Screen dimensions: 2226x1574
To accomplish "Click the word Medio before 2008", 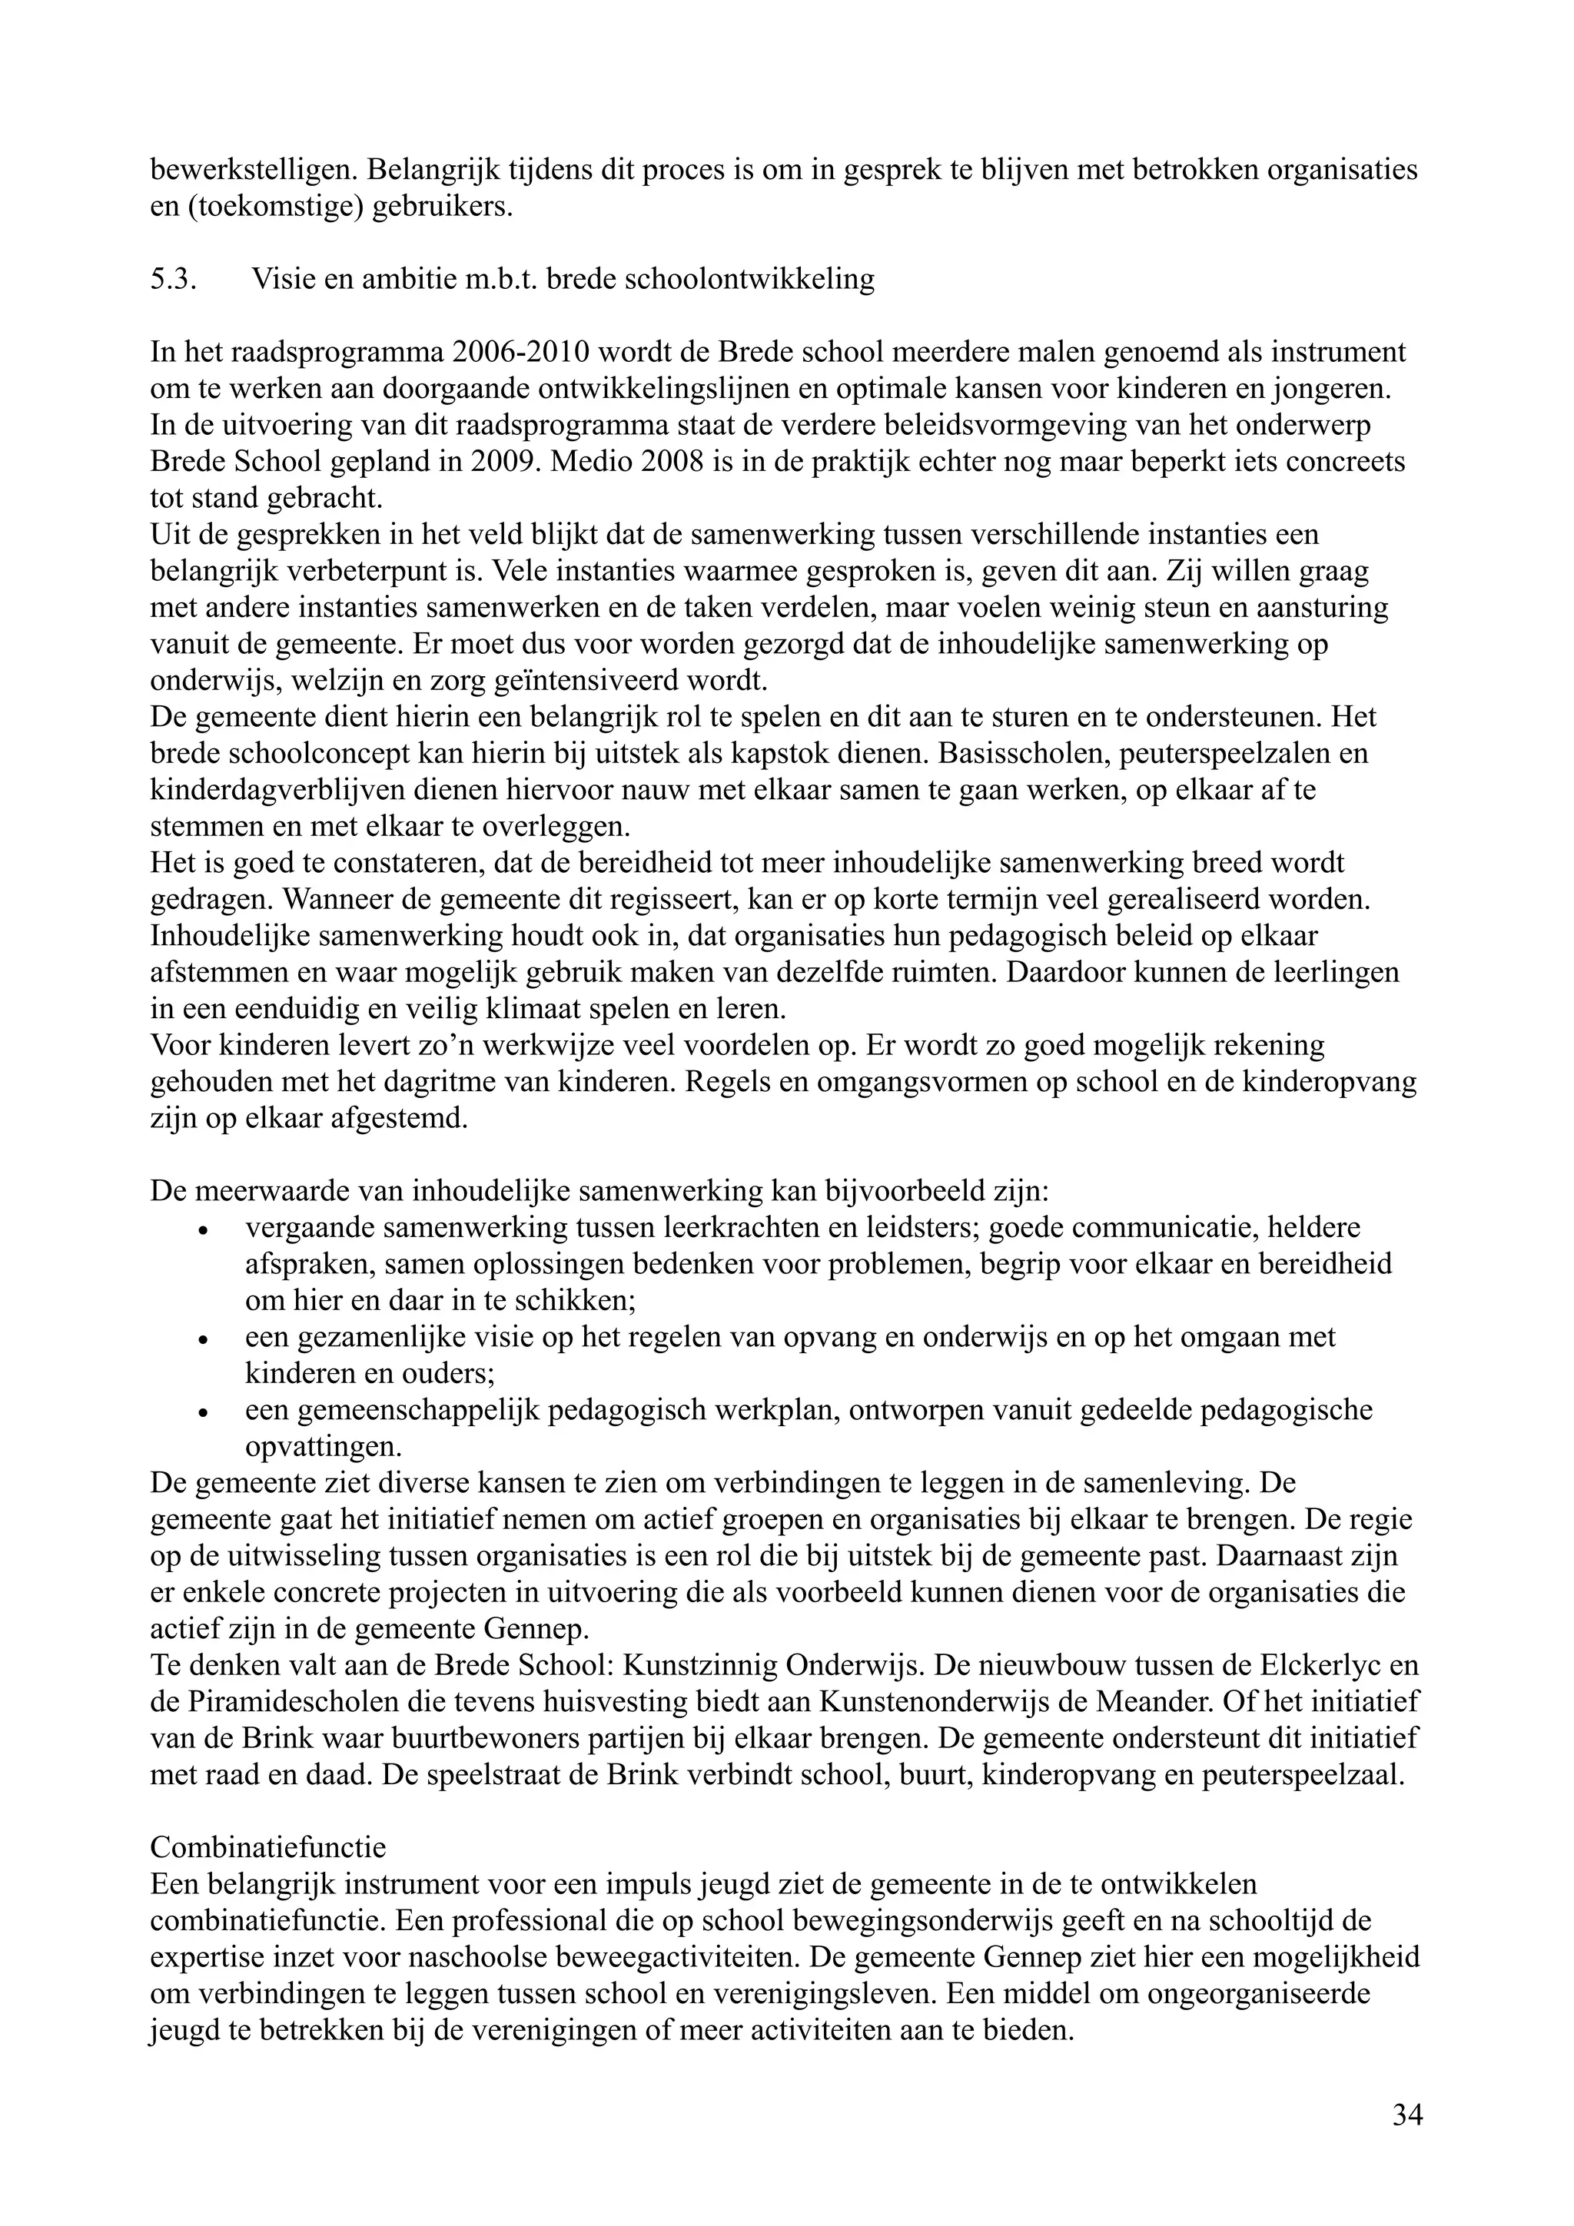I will click(x=593, y=462).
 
